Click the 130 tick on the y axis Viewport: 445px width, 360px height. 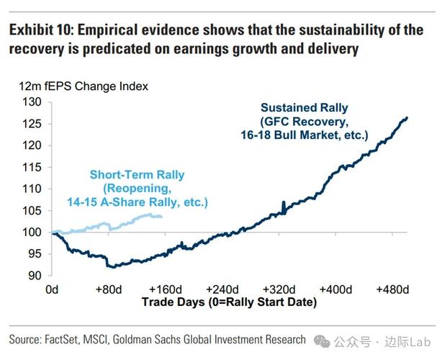[x=32, y=102]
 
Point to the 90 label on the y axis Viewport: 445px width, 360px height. [x=35, y=276]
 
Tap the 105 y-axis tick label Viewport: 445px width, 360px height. [x=32, y=210]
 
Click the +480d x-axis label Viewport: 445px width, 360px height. [x=392, y=289]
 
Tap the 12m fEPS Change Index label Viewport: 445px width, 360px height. [x=84, y=86]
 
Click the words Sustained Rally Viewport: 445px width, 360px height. [x=304, y=108]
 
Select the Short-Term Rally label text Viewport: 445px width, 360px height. [x=137, y=174]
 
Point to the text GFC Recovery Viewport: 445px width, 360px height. [x=305, y=122]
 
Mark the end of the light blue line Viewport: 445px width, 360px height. [x=161, y=216]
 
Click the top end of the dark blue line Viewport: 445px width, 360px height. [x=407, y=118]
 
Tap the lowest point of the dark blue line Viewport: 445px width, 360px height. [x=109, y=267]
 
